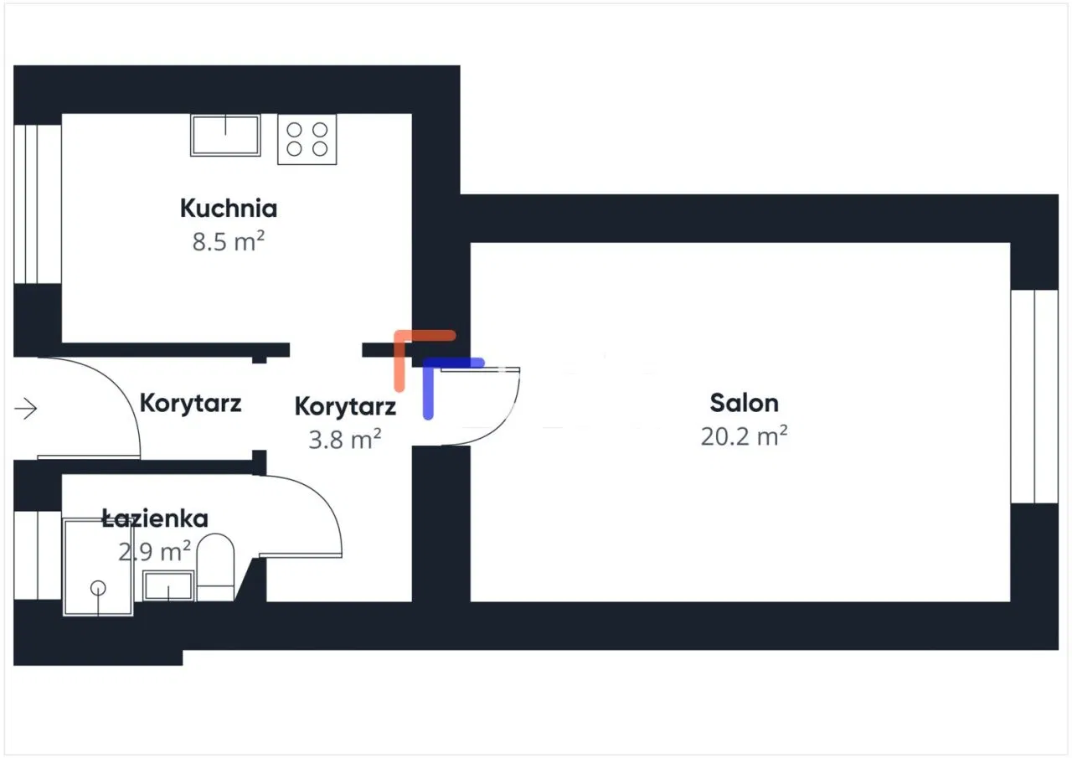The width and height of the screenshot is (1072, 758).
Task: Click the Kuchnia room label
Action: pyautogui.click(x=229, y=209)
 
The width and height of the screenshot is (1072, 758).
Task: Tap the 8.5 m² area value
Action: pyautogui.click(x=229, y=241)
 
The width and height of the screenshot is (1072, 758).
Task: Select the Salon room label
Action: pyautogui.click(x=744, y=402)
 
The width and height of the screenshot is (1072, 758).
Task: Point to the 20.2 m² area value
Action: pyautogui.click(x=744, y=436)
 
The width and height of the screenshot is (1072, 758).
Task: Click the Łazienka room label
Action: pyautogui.click(x=155, y=518)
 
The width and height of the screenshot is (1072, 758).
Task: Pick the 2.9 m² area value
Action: pyautogui.click(x=155, y=551)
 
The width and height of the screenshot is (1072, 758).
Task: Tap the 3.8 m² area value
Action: pyautogui.click(x=344, y=439)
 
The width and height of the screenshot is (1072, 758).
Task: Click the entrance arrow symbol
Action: pyautogui.click(x=26, y=409)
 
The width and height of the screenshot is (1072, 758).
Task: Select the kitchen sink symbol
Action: pyautogui.click(x=225, y=135)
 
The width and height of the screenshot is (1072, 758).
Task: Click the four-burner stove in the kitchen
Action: pyautogui.click(x=307, y=139)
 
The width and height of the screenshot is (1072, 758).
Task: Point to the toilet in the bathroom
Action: pyautogui.click(x=215, y=567)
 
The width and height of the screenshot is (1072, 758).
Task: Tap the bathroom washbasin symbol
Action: pyautogui.click(x=168, y=585)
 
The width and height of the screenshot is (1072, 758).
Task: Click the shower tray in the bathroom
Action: pyautogui.click(x=98, y=567)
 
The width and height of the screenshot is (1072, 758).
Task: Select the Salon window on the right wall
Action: pyautogui.click(x=1034, y=396)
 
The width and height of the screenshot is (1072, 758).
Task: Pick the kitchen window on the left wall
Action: pyautogui.click(x=38, y=204)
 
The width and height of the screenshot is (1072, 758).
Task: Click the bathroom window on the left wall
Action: pyautogui.click(x=38, y=555)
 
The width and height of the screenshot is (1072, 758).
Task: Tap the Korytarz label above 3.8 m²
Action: pyautogui.click(x=345, y=406)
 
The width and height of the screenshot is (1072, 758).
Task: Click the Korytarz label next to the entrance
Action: pyautogui.click(x=190, y=403)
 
